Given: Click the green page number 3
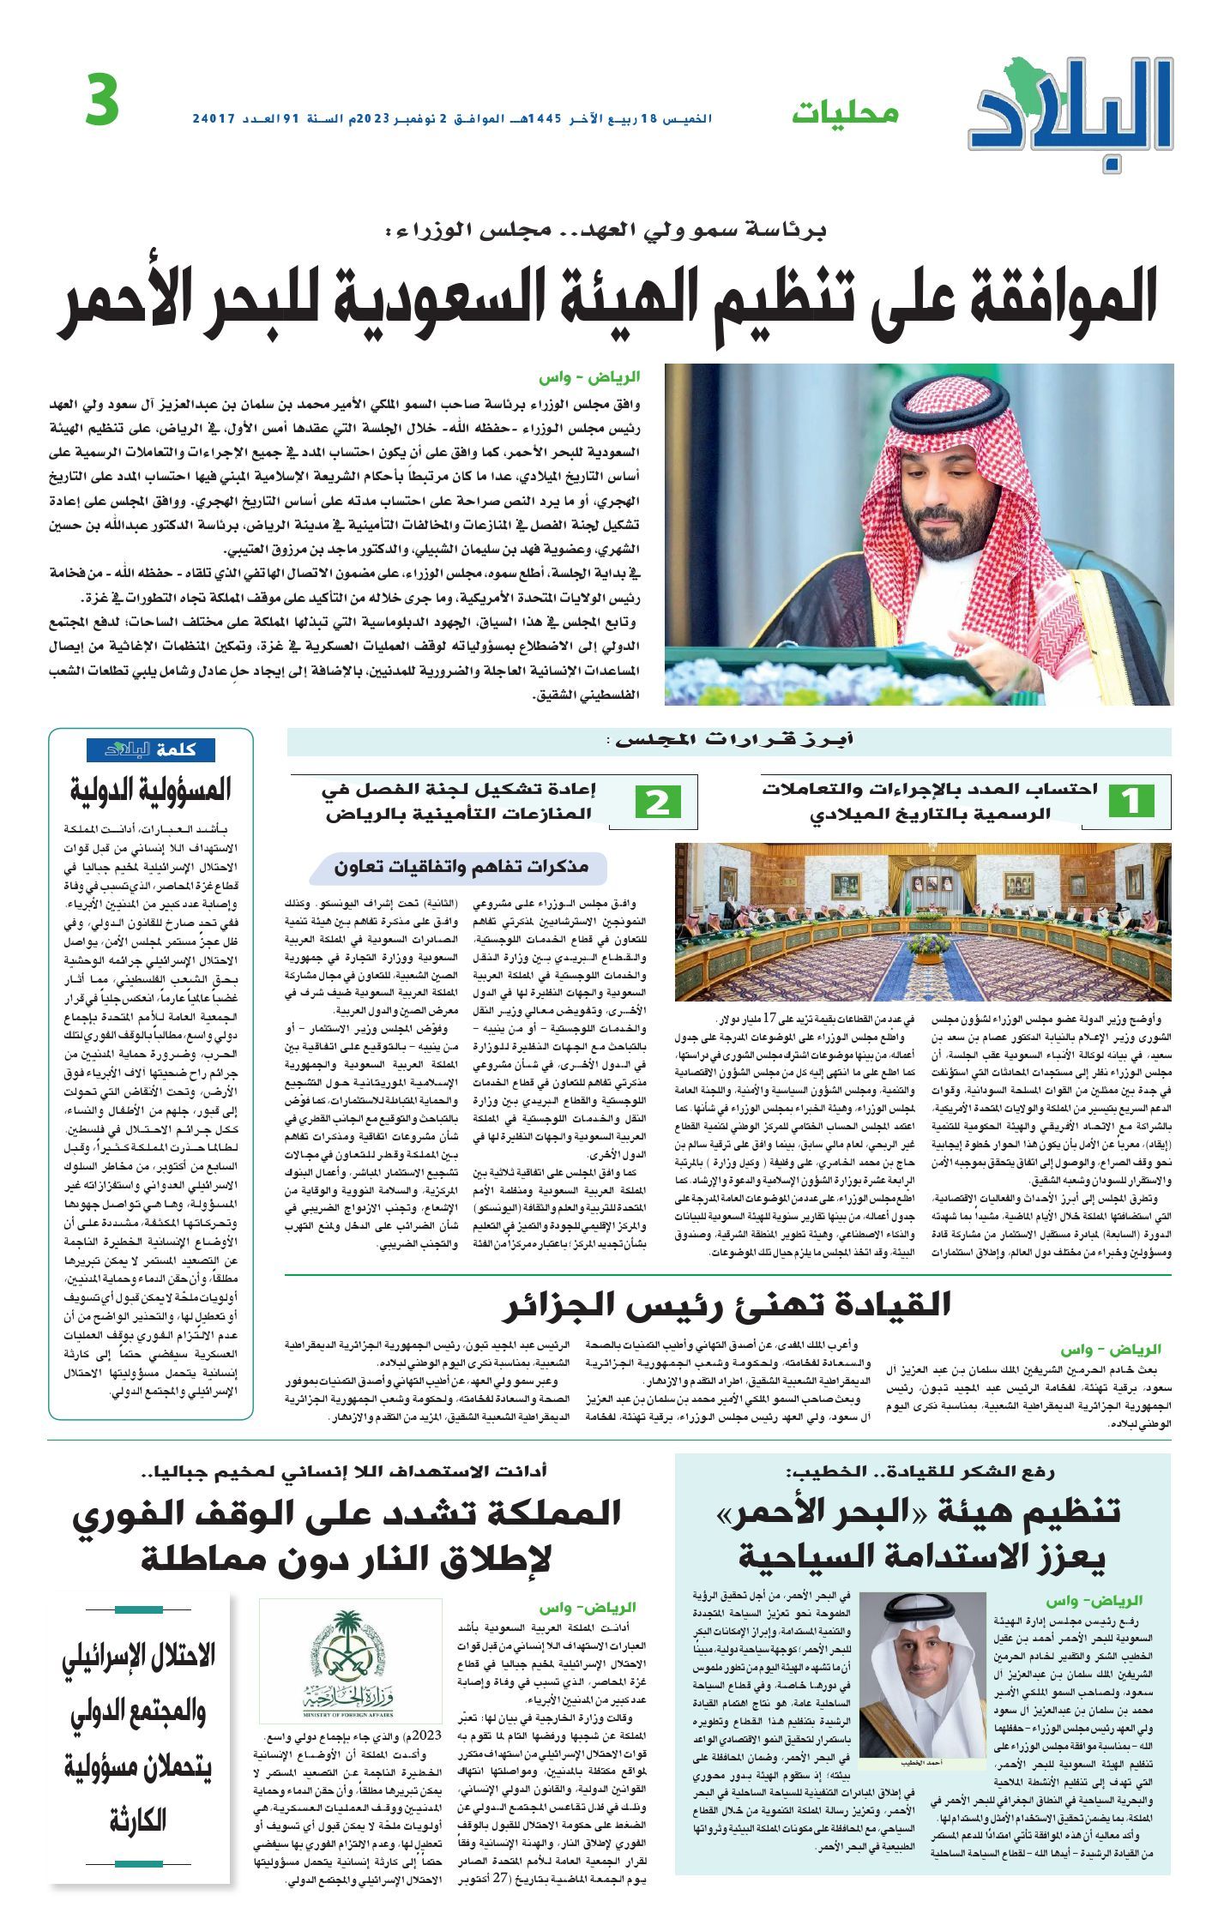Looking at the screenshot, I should tap(101, 101).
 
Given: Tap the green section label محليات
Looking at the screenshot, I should tap(845, 113).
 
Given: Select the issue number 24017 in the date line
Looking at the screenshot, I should tap(214, 117).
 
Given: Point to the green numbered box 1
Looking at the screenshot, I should tap(1131, 801).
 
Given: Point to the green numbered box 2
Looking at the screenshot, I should tap(658, 801).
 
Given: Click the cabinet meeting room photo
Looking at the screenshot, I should tap(923, 921).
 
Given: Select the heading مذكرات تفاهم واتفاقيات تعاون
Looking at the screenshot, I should tap(462, 867).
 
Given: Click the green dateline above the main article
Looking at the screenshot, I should tap(589, 377).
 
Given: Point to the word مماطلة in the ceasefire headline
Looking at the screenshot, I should tap(202, 1557).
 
